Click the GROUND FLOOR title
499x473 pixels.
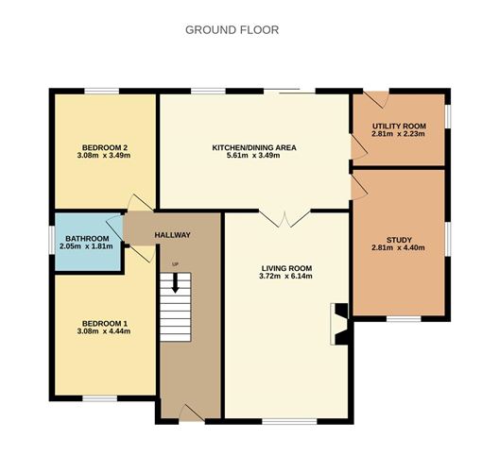(232, 29)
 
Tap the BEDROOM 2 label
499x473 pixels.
(105, 146)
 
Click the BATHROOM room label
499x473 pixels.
(86, 238)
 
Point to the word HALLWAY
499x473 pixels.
(173, 235)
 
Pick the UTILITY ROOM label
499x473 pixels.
(398, 126)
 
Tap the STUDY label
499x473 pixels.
(398, 241)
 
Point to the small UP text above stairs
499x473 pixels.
(175, 263)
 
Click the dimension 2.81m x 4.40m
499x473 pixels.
(398, 249)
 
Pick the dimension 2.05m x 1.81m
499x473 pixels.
(86, 246)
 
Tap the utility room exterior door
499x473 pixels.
(376, 98)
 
